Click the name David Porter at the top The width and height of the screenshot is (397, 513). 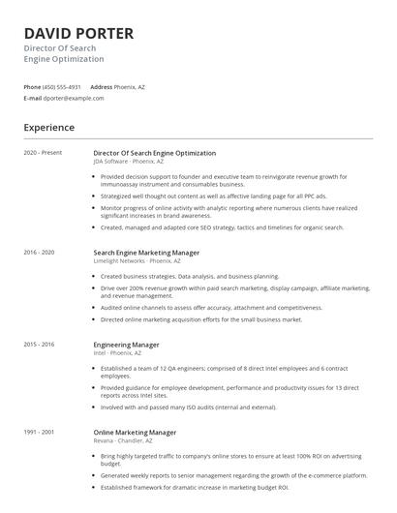78,34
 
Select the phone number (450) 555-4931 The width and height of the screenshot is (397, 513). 62,87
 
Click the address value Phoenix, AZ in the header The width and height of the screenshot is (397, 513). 130,87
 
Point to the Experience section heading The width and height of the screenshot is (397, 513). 48,127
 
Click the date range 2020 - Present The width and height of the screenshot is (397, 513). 43,153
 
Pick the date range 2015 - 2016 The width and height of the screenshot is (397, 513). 40,345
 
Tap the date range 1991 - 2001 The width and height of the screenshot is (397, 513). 40,432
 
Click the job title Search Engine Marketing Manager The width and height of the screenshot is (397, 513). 146,252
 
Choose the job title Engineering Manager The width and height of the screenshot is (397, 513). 126,345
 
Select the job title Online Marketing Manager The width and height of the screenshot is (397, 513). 135,432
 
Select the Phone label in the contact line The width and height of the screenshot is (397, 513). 32,87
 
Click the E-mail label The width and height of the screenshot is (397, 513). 33,98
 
